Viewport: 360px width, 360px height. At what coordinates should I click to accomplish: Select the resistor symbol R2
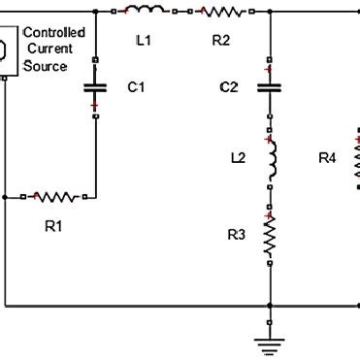(222, 12)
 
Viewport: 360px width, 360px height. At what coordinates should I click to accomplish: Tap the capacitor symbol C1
(95, 87)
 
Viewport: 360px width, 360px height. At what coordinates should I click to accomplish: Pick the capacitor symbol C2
(269, 87)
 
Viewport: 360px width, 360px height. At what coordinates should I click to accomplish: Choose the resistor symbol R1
(57, 197)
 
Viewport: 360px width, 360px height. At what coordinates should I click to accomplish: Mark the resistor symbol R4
(355, 155)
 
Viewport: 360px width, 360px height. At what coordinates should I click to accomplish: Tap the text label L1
(144, 42)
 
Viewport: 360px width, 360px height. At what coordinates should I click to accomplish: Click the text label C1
(137, 87)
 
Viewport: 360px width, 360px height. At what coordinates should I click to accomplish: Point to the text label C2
(228, 87)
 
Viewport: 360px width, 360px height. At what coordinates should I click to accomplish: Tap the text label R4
(327, 156)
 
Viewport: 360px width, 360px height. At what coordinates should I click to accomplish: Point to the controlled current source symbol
(5, 49)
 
